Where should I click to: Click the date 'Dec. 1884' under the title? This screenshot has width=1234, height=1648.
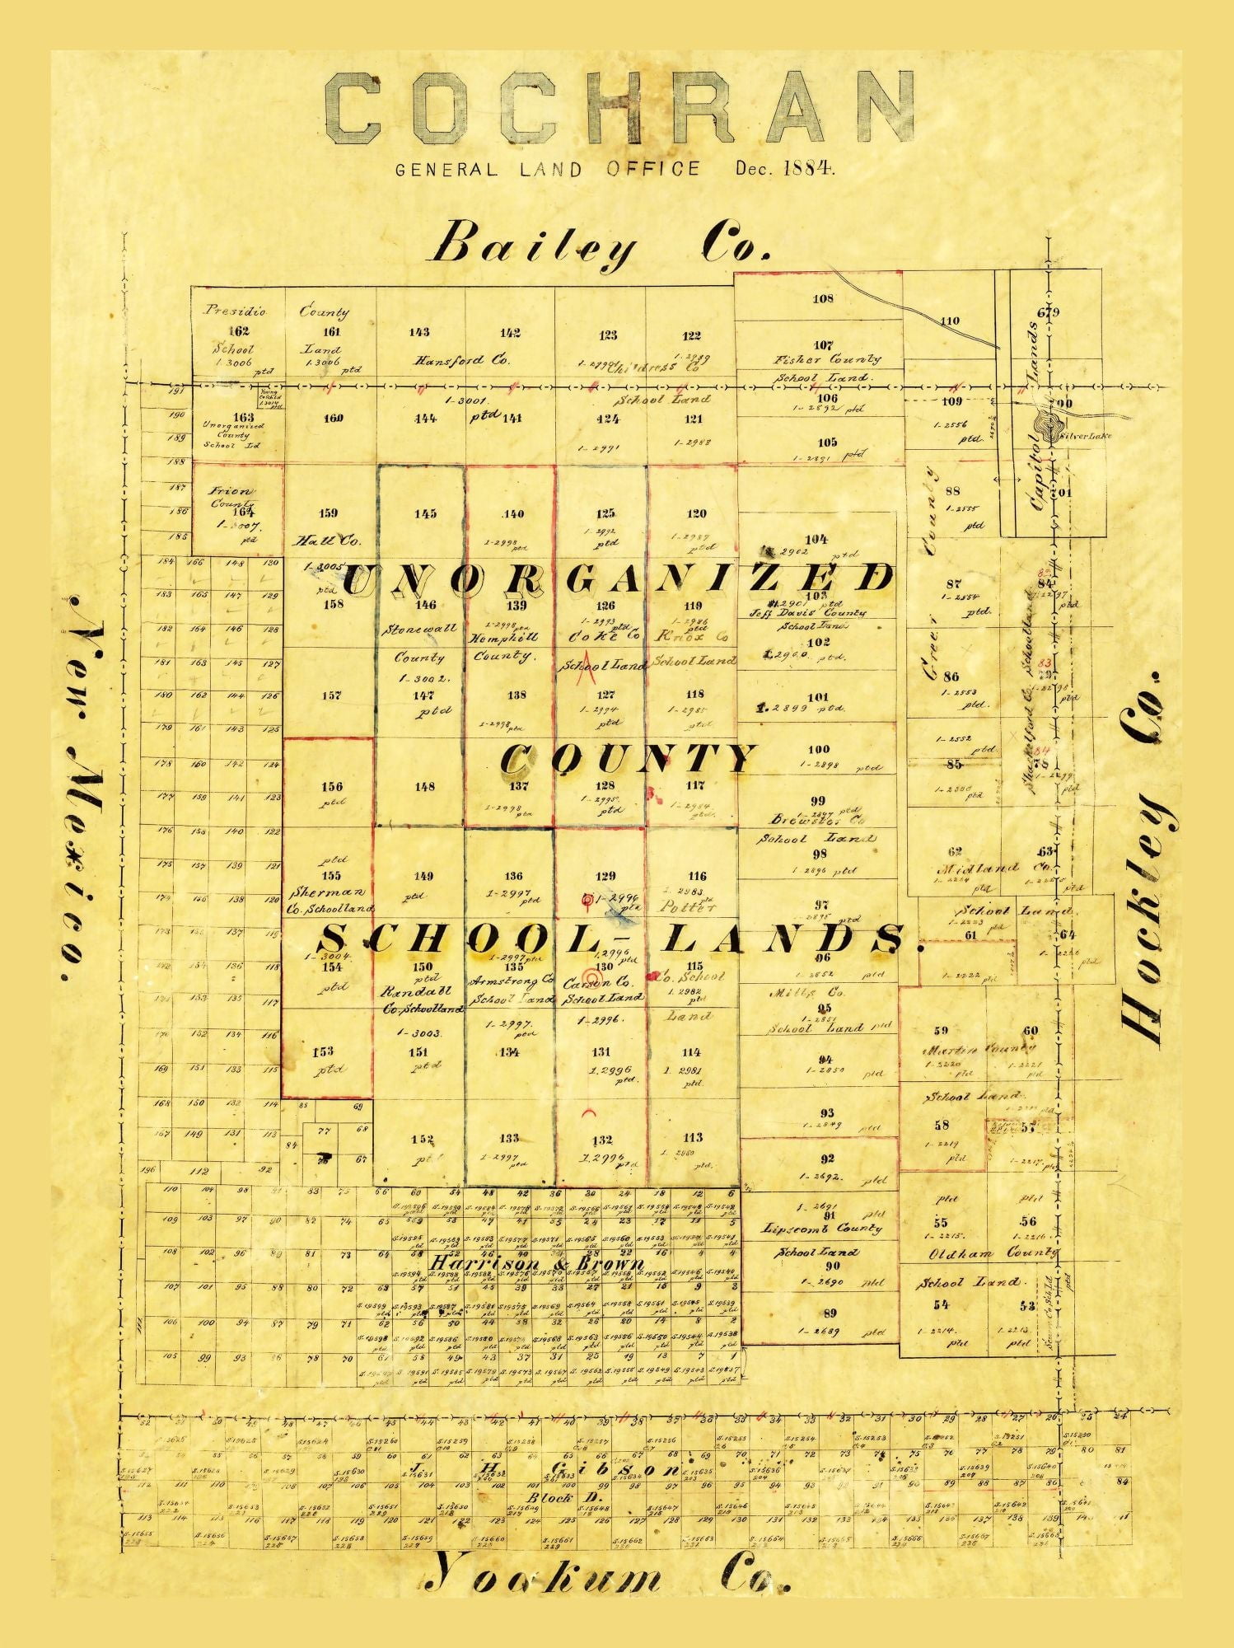[785, 169]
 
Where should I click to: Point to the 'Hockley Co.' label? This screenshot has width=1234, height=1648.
[1145, 857]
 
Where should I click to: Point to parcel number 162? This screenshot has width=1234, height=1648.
[239, 331]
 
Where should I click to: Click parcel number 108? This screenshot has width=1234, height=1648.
[822, 298]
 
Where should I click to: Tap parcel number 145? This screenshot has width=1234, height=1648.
[425, 514]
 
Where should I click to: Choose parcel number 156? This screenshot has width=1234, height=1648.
[332, 786]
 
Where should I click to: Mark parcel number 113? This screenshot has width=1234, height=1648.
[693, 1137]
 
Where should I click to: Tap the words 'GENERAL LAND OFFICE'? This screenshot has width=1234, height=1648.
[548, 170]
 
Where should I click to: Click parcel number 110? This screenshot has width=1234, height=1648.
[950, 321]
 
